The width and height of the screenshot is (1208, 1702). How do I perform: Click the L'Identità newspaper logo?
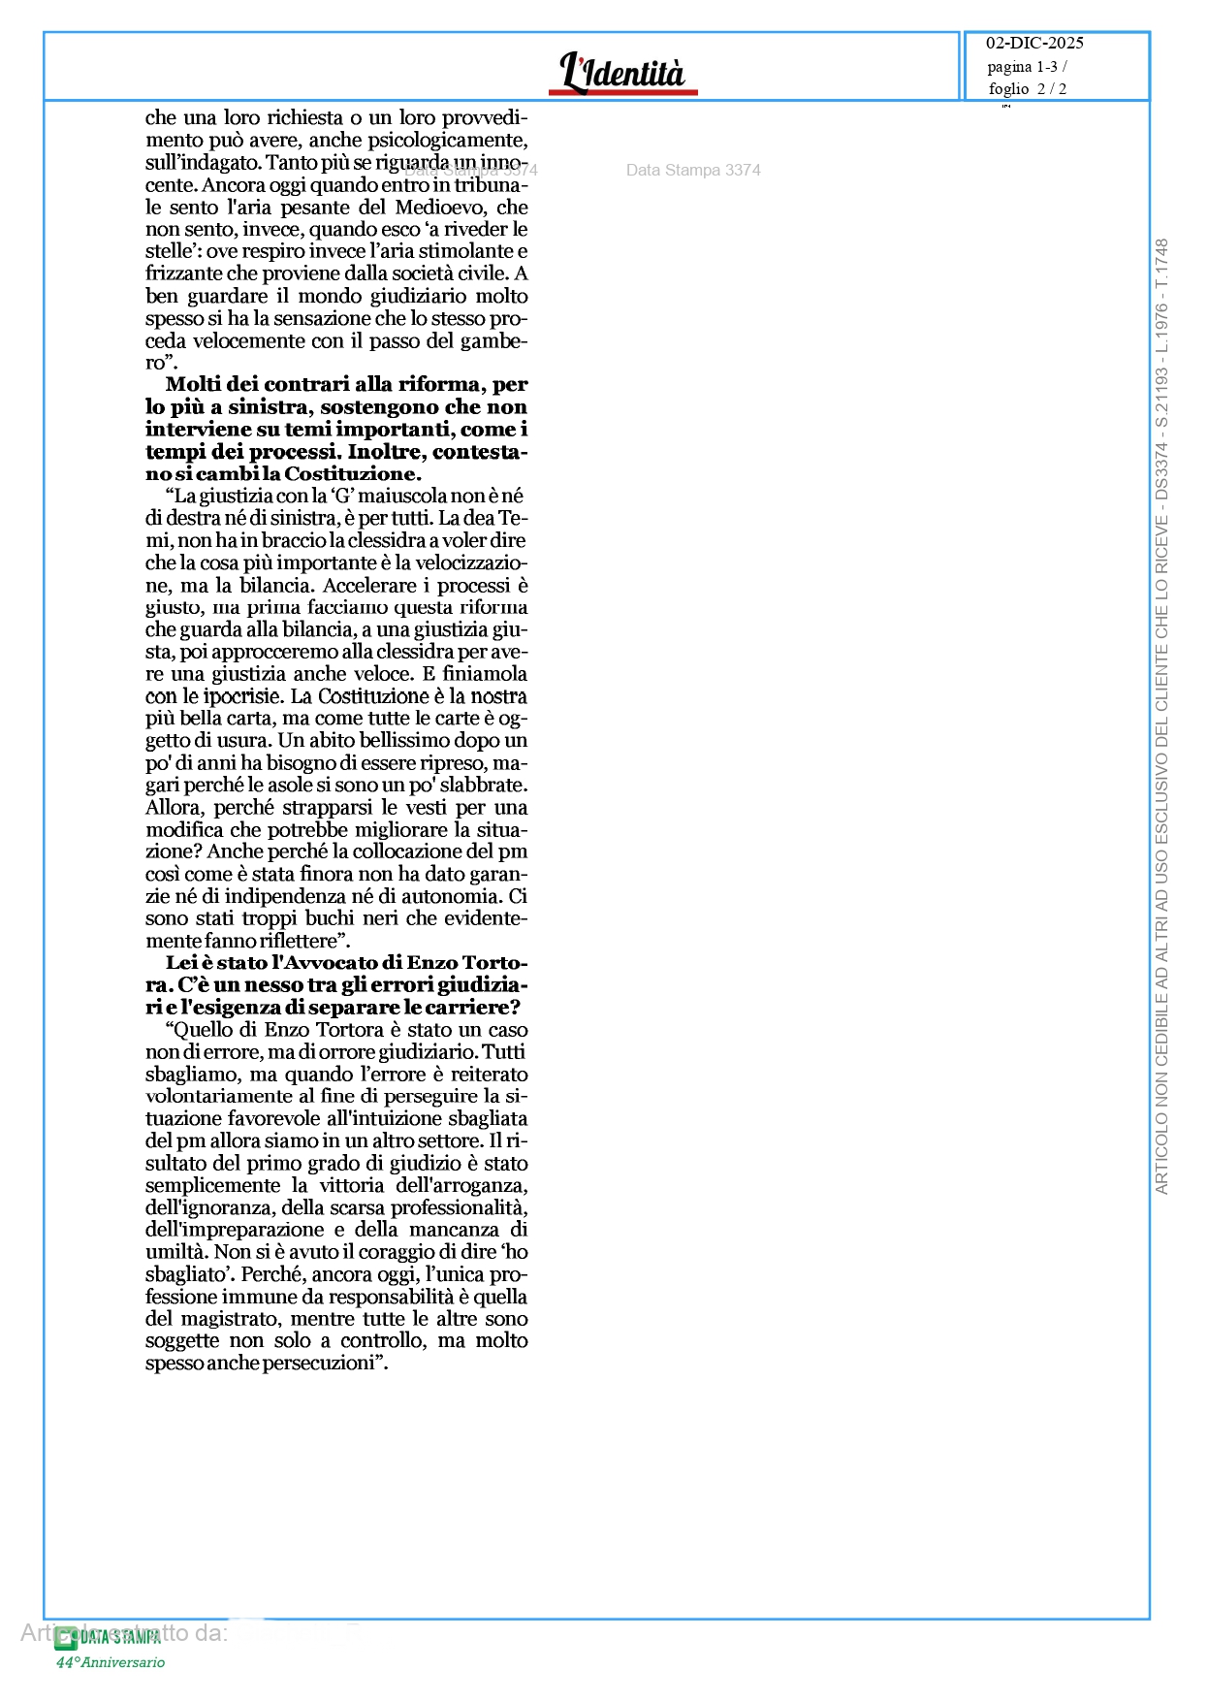[622, 73]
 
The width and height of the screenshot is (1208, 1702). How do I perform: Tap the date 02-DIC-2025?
[1034, 43]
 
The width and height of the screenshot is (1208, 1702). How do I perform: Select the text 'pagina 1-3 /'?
[1027, 67]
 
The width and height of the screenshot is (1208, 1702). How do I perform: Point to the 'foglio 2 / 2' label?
[1027, 89]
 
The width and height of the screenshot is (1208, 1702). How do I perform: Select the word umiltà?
[175, 1253]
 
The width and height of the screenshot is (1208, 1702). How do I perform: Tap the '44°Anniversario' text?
[110, 1662]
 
